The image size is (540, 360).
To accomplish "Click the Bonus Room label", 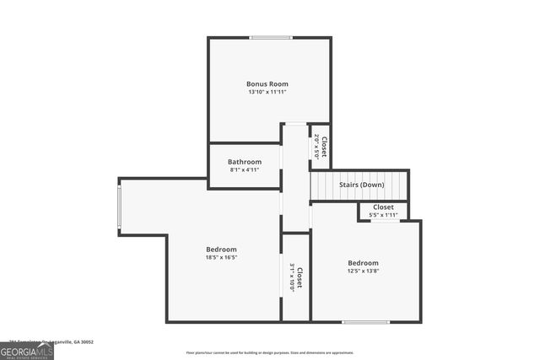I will pos(267,83).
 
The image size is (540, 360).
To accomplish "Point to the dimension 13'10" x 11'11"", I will pos(267,92).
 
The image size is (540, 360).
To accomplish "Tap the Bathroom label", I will pos(245,161).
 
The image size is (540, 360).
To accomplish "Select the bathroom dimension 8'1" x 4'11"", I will pos(245,169).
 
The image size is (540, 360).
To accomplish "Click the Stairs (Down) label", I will pos(362,185).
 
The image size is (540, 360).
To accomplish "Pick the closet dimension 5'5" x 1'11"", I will pos(383,215).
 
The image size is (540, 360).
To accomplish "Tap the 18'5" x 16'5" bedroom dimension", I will pos(221,257).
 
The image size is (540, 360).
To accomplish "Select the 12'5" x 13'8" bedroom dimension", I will pos(364,271).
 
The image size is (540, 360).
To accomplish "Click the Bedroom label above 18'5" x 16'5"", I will pos(221,249).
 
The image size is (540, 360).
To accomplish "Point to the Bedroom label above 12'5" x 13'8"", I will pos(364,262).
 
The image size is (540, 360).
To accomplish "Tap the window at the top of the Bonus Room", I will pos(271,37).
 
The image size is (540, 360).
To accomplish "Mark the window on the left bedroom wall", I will pos(119,206).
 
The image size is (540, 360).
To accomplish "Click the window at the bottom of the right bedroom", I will pos(365,321).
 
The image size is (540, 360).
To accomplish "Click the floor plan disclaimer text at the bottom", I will pos(270,352).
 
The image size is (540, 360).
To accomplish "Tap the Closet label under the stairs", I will pos(383,207).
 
